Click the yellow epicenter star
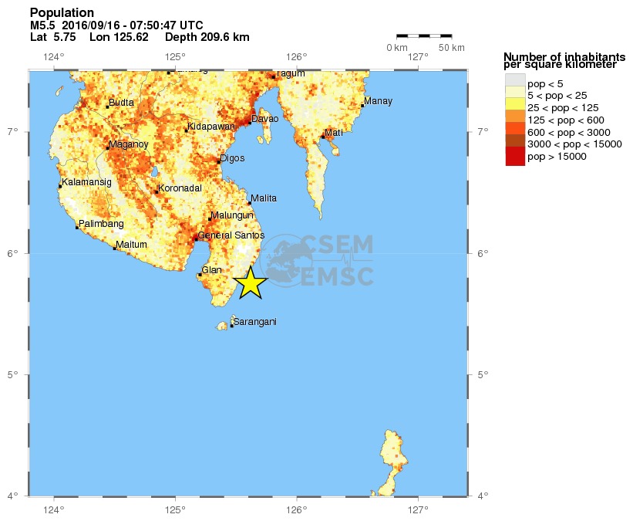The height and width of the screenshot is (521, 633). coord(251,283)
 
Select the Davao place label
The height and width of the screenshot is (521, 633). coord(265,118)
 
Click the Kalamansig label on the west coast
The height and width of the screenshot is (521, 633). coord(87,182)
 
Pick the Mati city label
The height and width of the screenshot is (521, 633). coord(333,133)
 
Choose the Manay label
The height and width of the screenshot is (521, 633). coord(378,101)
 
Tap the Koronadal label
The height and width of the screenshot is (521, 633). coord(180,188)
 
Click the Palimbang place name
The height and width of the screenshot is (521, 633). coord(101,223)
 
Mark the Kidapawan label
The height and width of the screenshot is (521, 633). coord(211,127)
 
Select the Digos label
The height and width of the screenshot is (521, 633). coord(232,158)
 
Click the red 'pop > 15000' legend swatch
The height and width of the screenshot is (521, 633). coord(515,157)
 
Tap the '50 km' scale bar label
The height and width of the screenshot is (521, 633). coord(452,48)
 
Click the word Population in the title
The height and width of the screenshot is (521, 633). coord(62,13)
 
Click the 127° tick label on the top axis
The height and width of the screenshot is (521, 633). coord(418,56)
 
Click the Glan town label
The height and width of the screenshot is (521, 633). coord(211,270)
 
